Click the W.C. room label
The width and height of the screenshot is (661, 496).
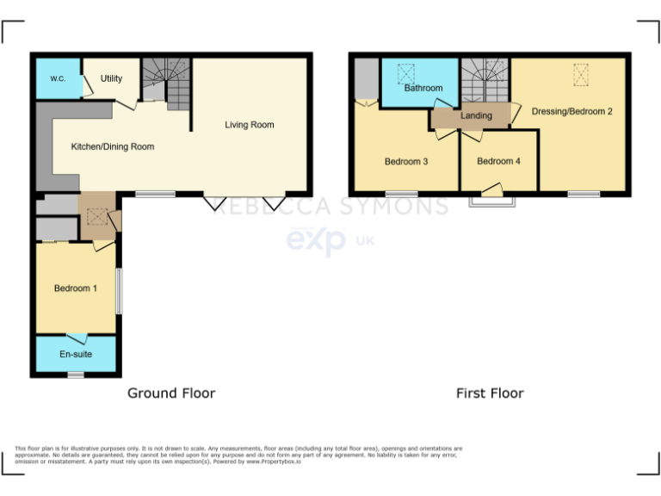pyautogui.click(x=58, y=78)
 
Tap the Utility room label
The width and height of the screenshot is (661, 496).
pyautogui.click(x=111, y=78)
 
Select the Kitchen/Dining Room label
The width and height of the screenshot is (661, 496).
pyautogui.click(x=113, y=146)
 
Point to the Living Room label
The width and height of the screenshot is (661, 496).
pyautogui.click(x=250, y=125)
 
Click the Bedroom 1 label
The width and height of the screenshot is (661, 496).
pyautogui.click(x=75, y=288)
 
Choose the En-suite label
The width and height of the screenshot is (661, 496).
pyautogui.click(x=76, y=354)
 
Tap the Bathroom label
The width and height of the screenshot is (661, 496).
pyautogui.click(x=423, y=88)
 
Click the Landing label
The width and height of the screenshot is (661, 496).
pyautogui.click(x=476, y=115)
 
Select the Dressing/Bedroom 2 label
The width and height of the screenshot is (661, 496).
pyautogui.click(x=571, y=111)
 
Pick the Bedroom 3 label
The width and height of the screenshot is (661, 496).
pyautogui.click(x=406, y=161)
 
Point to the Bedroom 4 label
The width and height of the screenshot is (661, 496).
pyautogui.click(x=498, y=161)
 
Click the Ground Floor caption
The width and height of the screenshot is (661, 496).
pyautogui.click(x=171, y=393)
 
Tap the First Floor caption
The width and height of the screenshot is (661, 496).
pyautogui.click(x=490, y=393)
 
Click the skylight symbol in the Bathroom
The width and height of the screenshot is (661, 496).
pyautogui.click(x=406, y=72)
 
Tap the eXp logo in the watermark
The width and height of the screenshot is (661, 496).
pyautogui.click(x=316, y=239)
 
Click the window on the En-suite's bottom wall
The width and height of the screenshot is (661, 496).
pyautogui.click(x=76, y=375)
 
